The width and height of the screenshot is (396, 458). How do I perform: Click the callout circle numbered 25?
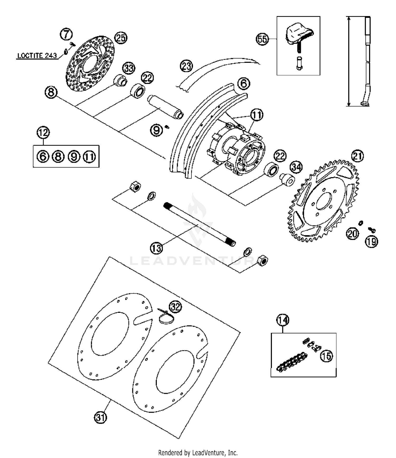pyautogui.click(x=121, y=38)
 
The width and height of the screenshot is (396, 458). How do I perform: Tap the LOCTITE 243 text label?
pyautogui.click(x=37, y=56)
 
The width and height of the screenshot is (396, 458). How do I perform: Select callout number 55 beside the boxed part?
pyautogui.click(x=262, y=39)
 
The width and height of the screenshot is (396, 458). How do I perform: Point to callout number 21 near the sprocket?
pyautogui.click(x=357, y=156)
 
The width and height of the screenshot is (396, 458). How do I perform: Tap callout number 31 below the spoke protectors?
pyautogui.click(x=100, y=418)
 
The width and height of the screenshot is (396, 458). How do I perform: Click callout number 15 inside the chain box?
pyautogui.click(x=327, y=356)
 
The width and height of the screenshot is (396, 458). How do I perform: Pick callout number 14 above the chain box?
pyautogui.click(x=282, y=320)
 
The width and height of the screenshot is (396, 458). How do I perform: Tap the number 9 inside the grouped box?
pyautogui.click(x=74, y=157)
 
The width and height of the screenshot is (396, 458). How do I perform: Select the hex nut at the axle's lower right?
pyautogui.click(x=262, y=261)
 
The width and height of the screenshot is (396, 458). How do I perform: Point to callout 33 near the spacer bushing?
pyautogui.click(x=129, y=68)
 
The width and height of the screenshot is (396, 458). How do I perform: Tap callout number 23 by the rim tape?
pyautogui.click(x=186, y=66)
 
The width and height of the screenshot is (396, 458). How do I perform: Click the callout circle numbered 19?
pyautogui.click(x=371, y=241)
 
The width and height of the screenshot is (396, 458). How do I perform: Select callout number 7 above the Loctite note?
pyautogui.click(x=66, y=34)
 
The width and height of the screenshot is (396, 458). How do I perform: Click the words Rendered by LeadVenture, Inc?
pyautogui.click(x=198, y=453)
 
